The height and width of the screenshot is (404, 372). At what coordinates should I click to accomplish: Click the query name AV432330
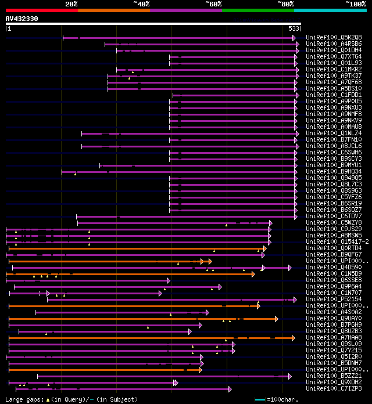point(22,19)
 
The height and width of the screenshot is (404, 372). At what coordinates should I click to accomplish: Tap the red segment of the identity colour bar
point(41,10)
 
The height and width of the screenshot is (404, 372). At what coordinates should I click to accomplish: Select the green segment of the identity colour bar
point(257,10)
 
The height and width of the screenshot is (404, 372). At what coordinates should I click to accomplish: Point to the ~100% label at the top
point(355,4)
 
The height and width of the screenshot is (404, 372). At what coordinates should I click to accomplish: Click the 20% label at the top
point(71,4)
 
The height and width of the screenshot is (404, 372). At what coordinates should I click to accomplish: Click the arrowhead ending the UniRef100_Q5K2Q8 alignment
point(294,38)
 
